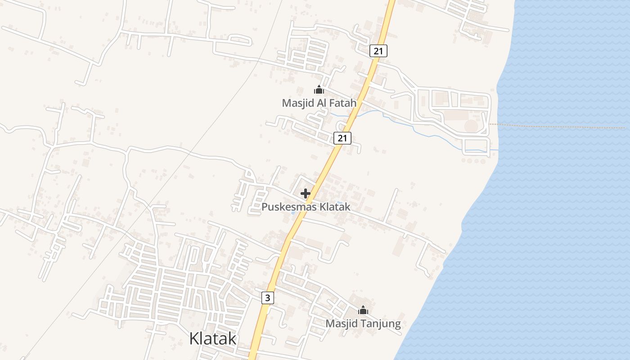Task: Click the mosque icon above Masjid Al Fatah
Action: [319, 90]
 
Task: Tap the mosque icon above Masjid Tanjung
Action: [363, 310]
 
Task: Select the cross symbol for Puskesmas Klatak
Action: [306, 193]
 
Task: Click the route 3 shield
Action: [267, 297]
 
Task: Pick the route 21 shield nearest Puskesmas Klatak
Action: [342, 138]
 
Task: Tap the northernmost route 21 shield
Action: [378, 51]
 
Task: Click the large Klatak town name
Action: [213, 338]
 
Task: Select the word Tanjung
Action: [378, 324]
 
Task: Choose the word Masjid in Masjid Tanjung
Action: [340, 324]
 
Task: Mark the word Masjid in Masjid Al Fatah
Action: [296, 103]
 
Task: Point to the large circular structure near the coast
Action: [471, 126]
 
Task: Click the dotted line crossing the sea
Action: [562, 126]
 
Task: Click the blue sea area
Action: [562, 225]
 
